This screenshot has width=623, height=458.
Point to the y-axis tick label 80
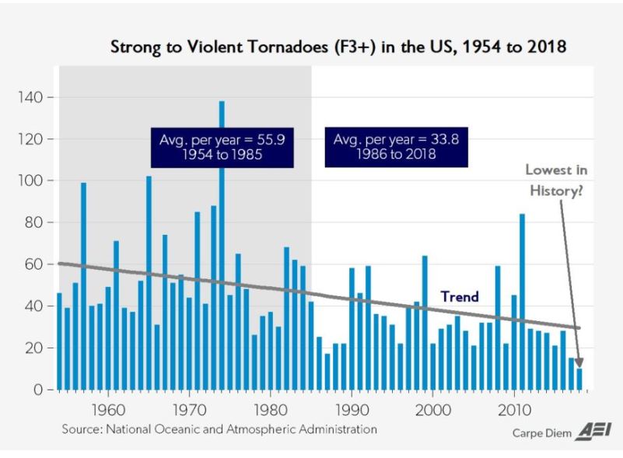tap(33, 222)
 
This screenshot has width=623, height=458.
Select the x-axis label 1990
tap(352, 408)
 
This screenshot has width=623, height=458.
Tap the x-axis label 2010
tap(513, 408)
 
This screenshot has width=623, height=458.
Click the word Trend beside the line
tap(459, 296)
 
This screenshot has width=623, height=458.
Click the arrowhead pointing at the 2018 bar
tap(578, 362)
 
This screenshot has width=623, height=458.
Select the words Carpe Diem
tap(541, 433)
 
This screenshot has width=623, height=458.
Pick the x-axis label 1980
tap(270, 408)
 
